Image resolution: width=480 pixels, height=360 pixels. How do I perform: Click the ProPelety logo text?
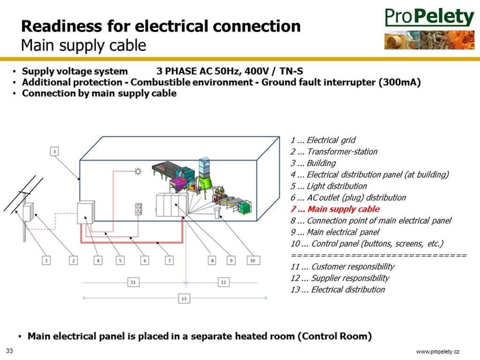[429, 17]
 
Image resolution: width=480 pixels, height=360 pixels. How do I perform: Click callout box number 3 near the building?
[54, 151]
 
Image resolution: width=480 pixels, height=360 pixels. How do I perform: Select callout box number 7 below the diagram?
[169, 261]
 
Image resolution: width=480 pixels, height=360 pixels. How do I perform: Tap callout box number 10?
[253, 261]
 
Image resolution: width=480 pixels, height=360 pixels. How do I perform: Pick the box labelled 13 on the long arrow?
[184, 299]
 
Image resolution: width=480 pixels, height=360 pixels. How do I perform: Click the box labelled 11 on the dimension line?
[133, 282]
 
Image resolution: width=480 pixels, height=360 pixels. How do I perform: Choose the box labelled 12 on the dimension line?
[224, 282]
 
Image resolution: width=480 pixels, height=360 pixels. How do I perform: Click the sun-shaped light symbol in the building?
[138, 171]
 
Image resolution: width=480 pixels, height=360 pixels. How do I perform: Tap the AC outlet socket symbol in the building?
[138, 210]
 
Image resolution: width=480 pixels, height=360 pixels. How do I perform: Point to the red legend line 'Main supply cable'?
[335, 209]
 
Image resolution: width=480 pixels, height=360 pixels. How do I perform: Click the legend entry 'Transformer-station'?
[334, 151]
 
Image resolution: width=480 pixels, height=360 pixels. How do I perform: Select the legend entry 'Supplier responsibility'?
[340, 278]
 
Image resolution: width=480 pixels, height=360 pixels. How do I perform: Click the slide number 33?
[9, 351]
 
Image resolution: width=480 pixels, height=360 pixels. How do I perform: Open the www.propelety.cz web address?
[437, 352]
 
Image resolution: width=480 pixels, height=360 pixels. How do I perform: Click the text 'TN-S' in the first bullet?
[291, 71]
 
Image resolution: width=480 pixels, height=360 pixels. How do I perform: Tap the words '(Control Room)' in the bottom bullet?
[335, 336]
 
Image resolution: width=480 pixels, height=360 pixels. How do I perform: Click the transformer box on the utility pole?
[28, 212]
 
